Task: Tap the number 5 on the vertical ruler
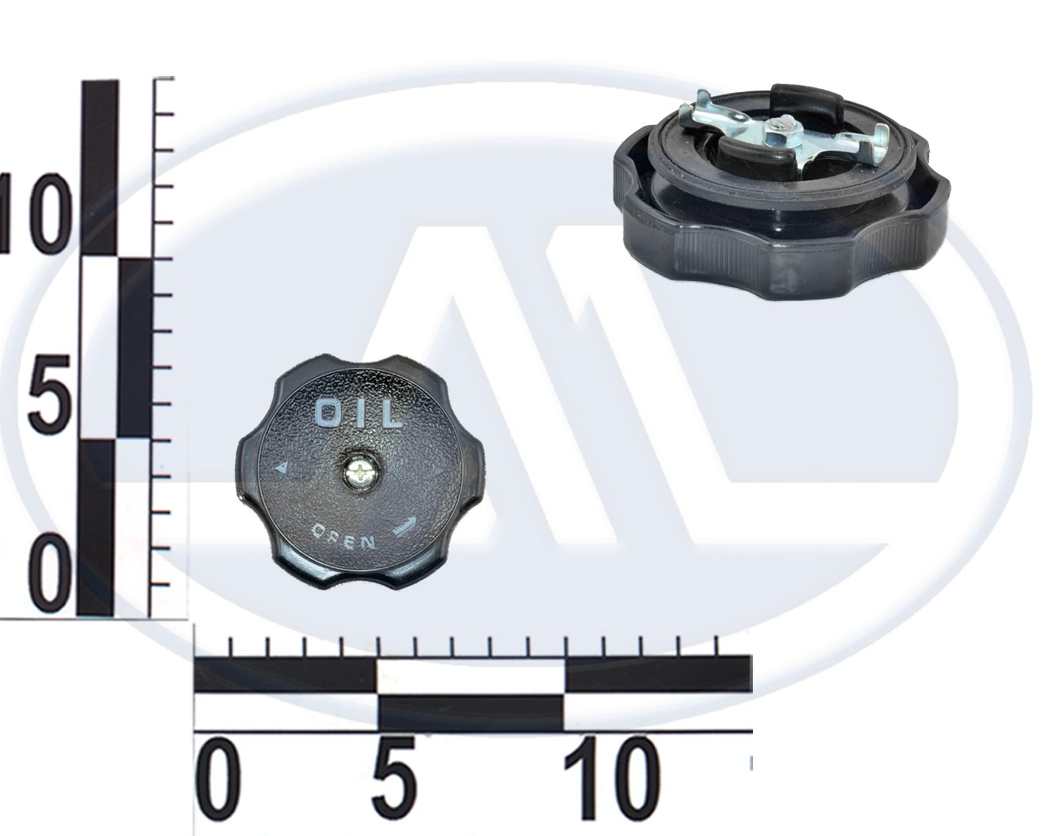[48, 393]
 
